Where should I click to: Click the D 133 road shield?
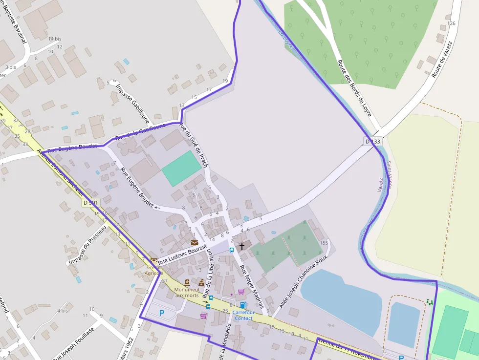372,142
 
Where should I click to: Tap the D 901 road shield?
90,202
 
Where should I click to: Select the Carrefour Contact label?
243,315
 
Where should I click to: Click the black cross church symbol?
241,247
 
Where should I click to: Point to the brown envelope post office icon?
195,242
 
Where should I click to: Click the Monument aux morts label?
187,292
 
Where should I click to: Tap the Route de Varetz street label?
442,60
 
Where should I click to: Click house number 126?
451,23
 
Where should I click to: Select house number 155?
324,243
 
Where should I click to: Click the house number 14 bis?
55,39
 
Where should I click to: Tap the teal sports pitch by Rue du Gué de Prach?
181,168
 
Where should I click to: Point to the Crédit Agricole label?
154,270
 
